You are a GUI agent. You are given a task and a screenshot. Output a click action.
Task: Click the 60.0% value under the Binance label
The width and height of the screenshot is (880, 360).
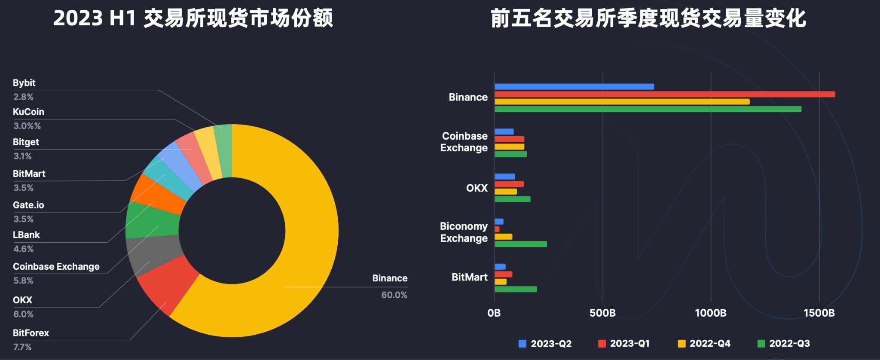[394, 295]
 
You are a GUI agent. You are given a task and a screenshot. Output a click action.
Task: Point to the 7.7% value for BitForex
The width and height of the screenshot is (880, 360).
[22, 347]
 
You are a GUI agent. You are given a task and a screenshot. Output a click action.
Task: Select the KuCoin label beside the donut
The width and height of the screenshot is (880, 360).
[28, 112]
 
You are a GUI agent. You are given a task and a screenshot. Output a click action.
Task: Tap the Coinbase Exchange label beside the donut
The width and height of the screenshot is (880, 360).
[56, 267]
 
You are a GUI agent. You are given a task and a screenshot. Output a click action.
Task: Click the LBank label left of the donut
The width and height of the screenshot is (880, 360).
[26, 235]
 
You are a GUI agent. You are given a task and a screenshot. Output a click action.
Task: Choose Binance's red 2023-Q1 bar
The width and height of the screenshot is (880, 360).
[664, 95]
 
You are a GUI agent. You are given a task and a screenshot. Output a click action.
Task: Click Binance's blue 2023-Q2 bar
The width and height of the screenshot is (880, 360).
[574, 87]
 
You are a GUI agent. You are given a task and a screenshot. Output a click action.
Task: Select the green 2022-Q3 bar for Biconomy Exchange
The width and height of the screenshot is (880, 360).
[520, 244]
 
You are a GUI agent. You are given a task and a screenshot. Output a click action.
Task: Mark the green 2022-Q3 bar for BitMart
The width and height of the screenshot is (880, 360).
[516, 290]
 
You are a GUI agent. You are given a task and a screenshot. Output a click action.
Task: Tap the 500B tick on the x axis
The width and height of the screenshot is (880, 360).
[602, 313]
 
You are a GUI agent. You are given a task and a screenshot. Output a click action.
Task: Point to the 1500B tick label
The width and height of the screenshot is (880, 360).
[819, 313]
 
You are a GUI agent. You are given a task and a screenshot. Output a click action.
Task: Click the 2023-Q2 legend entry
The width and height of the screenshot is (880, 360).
[545, 344]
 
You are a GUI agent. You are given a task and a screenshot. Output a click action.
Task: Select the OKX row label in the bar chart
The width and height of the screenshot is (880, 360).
[477, 188]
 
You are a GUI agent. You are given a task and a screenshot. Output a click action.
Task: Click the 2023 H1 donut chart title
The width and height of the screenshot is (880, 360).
[193, 18]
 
